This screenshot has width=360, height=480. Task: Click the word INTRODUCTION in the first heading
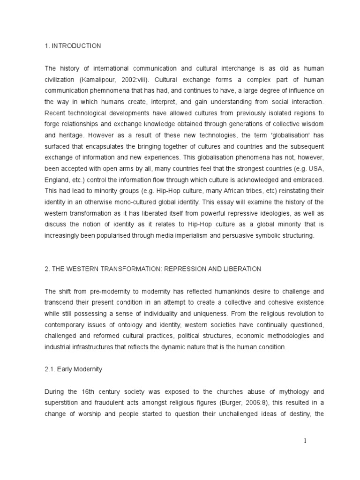click(77, 45)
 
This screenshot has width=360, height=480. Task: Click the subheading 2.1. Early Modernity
click(74, 369)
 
